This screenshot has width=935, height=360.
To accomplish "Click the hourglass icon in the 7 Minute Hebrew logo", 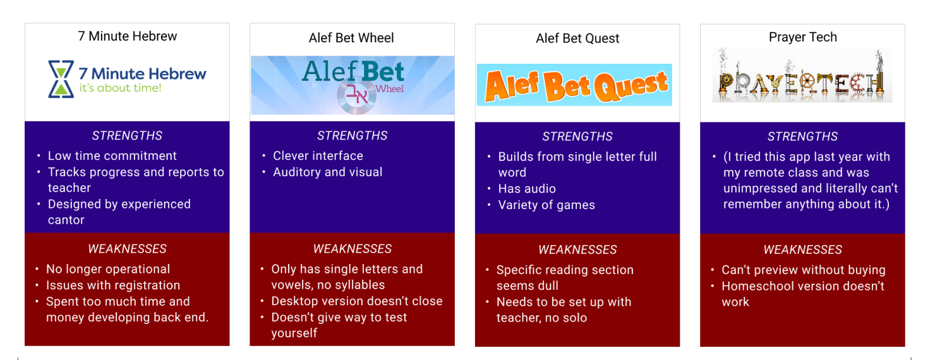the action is coord(61,79).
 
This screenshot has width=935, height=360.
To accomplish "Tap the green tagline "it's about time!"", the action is coord(120,88).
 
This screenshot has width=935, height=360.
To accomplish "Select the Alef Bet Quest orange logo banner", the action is coord(574,85).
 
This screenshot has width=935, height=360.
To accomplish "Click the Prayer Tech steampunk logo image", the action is coord(802,76).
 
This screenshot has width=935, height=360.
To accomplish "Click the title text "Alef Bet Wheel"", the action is coord(351,38).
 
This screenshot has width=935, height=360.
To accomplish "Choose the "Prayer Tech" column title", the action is coord(803,37).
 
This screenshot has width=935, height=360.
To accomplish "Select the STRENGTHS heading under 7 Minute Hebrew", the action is coord(127,136).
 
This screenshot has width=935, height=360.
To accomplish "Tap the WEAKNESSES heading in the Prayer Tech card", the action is coord(803,249).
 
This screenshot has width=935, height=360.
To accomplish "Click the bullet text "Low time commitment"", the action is coord(112,155).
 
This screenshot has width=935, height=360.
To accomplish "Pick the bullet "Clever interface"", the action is coord(318,155).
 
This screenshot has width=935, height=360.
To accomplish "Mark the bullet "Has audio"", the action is coord(527,189).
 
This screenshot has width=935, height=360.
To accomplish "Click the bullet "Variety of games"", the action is coord(546,205).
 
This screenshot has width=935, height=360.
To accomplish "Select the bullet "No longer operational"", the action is coord(107,269).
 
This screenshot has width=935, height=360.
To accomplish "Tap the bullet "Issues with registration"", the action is coord(112,285).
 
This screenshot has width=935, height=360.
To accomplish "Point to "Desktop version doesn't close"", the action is coord(357,301).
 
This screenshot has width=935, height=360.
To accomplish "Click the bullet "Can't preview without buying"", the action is coord(804,270).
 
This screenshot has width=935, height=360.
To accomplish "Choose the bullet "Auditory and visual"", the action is coord(328,172).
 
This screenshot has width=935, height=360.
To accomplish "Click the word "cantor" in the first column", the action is coord(66,220).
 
